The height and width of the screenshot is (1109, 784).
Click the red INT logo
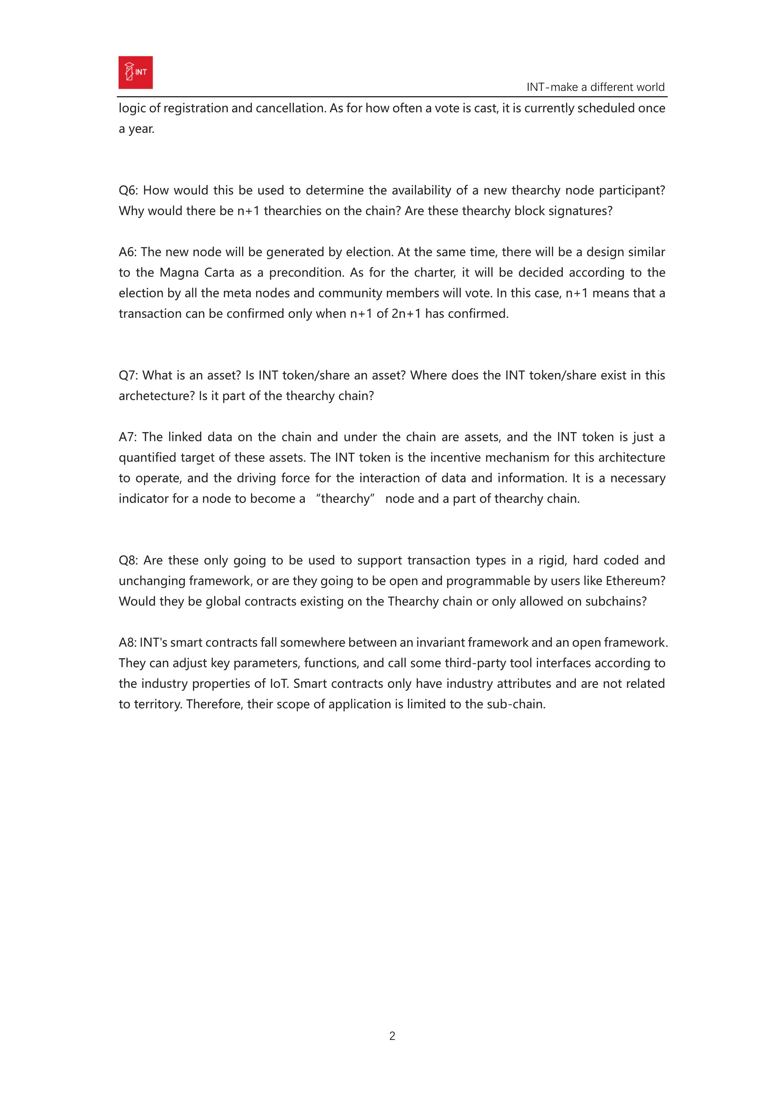(x=135, y=73)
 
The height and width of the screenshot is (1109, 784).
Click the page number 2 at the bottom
(x=392, y=1036)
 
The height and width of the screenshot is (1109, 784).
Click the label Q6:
(x=129, y=190)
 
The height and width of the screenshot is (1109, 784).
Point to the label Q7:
(x=129, y=375)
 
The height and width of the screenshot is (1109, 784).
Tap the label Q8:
(x=129, y=560)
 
